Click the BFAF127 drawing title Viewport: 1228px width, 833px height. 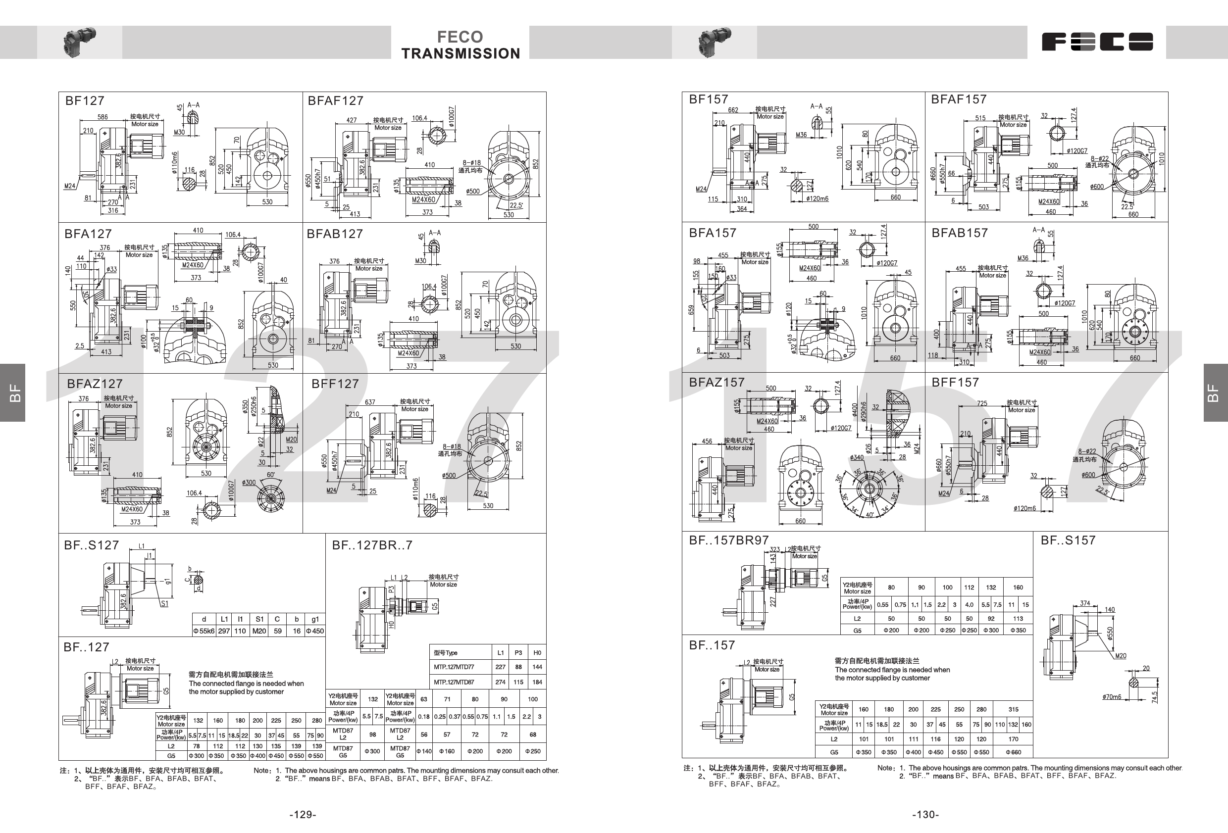click(336, 100)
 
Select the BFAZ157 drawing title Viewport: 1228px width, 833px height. click(716, 382)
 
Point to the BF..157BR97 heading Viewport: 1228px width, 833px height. click(729, 540)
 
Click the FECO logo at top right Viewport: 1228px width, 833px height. click(1097, 42)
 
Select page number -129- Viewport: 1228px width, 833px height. click(303, 815)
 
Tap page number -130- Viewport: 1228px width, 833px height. click(925, 815)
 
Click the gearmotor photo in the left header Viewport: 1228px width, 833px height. click(79, 42)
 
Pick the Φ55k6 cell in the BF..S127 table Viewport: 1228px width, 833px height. click(204, 631)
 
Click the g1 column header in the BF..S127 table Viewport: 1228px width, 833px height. click(315, 619)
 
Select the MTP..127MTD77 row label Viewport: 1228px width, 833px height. click(454, 667)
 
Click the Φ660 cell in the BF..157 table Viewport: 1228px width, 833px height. click(1013, 752)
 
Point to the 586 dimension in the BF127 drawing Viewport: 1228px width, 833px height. click(102, 117)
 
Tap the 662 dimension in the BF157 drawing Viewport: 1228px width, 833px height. click(733, 110)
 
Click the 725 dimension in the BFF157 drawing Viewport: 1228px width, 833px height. click(982, 403)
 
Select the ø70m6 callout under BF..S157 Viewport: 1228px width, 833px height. click(1112, 697)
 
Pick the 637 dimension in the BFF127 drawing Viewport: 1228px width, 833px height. click(370, 402)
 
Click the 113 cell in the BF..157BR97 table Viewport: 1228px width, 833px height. click(1018, 619)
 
